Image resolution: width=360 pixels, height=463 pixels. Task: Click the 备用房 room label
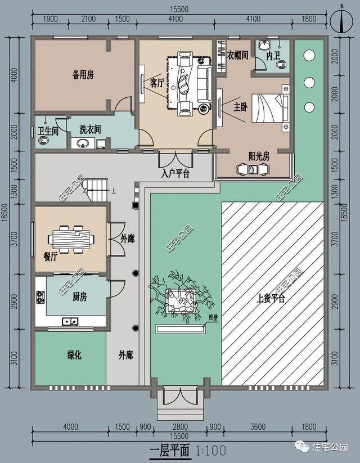coord(83,74)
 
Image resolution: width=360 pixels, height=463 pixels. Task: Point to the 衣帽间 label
coord(237,56)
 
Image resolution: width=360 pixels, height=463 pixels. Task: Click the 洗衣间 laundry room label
coord(90,129)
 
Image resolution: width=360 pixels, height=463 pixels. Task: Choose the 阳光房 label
coord(259,156)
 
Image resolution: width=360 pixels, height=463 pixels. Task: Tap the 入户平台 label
coord(175,173)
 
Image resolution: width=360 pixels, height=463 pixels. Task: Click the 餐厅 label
coord(51,257)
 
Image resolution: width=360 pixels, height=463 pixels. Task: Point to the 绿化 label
coord(75,355)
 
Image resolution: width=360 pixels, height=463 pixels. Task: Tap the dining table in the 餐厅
coord(71,239)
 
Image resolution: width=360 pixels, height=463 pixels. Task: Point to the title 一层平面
coord(170,450)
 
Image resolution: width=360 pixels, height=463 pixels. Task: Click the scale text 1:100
coord(211,450)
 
